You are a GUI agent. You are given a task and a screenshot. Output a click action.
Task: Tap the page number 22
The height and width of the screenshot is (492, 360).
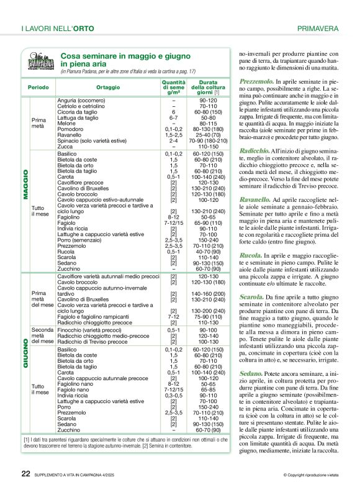point(26,473)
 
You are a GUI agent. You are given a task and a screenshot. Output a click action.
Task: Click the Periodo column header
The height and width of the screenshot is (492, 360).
point(39,88)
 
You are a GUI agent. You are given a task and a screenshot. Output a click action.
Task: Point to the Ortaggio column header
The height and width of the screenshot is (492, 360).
point(108,88)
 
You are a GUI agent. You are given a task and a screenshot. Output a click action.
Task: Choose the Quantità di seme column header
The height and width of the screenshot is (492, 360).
point(174,88)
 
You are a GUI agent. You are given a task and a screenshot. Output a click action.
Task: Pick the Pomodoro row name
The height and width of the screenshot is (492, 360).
point(71,129)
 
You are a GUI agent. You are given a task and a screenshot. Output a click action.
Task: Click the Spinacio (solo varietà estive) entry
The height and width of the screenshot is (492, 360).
point(92,140)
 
